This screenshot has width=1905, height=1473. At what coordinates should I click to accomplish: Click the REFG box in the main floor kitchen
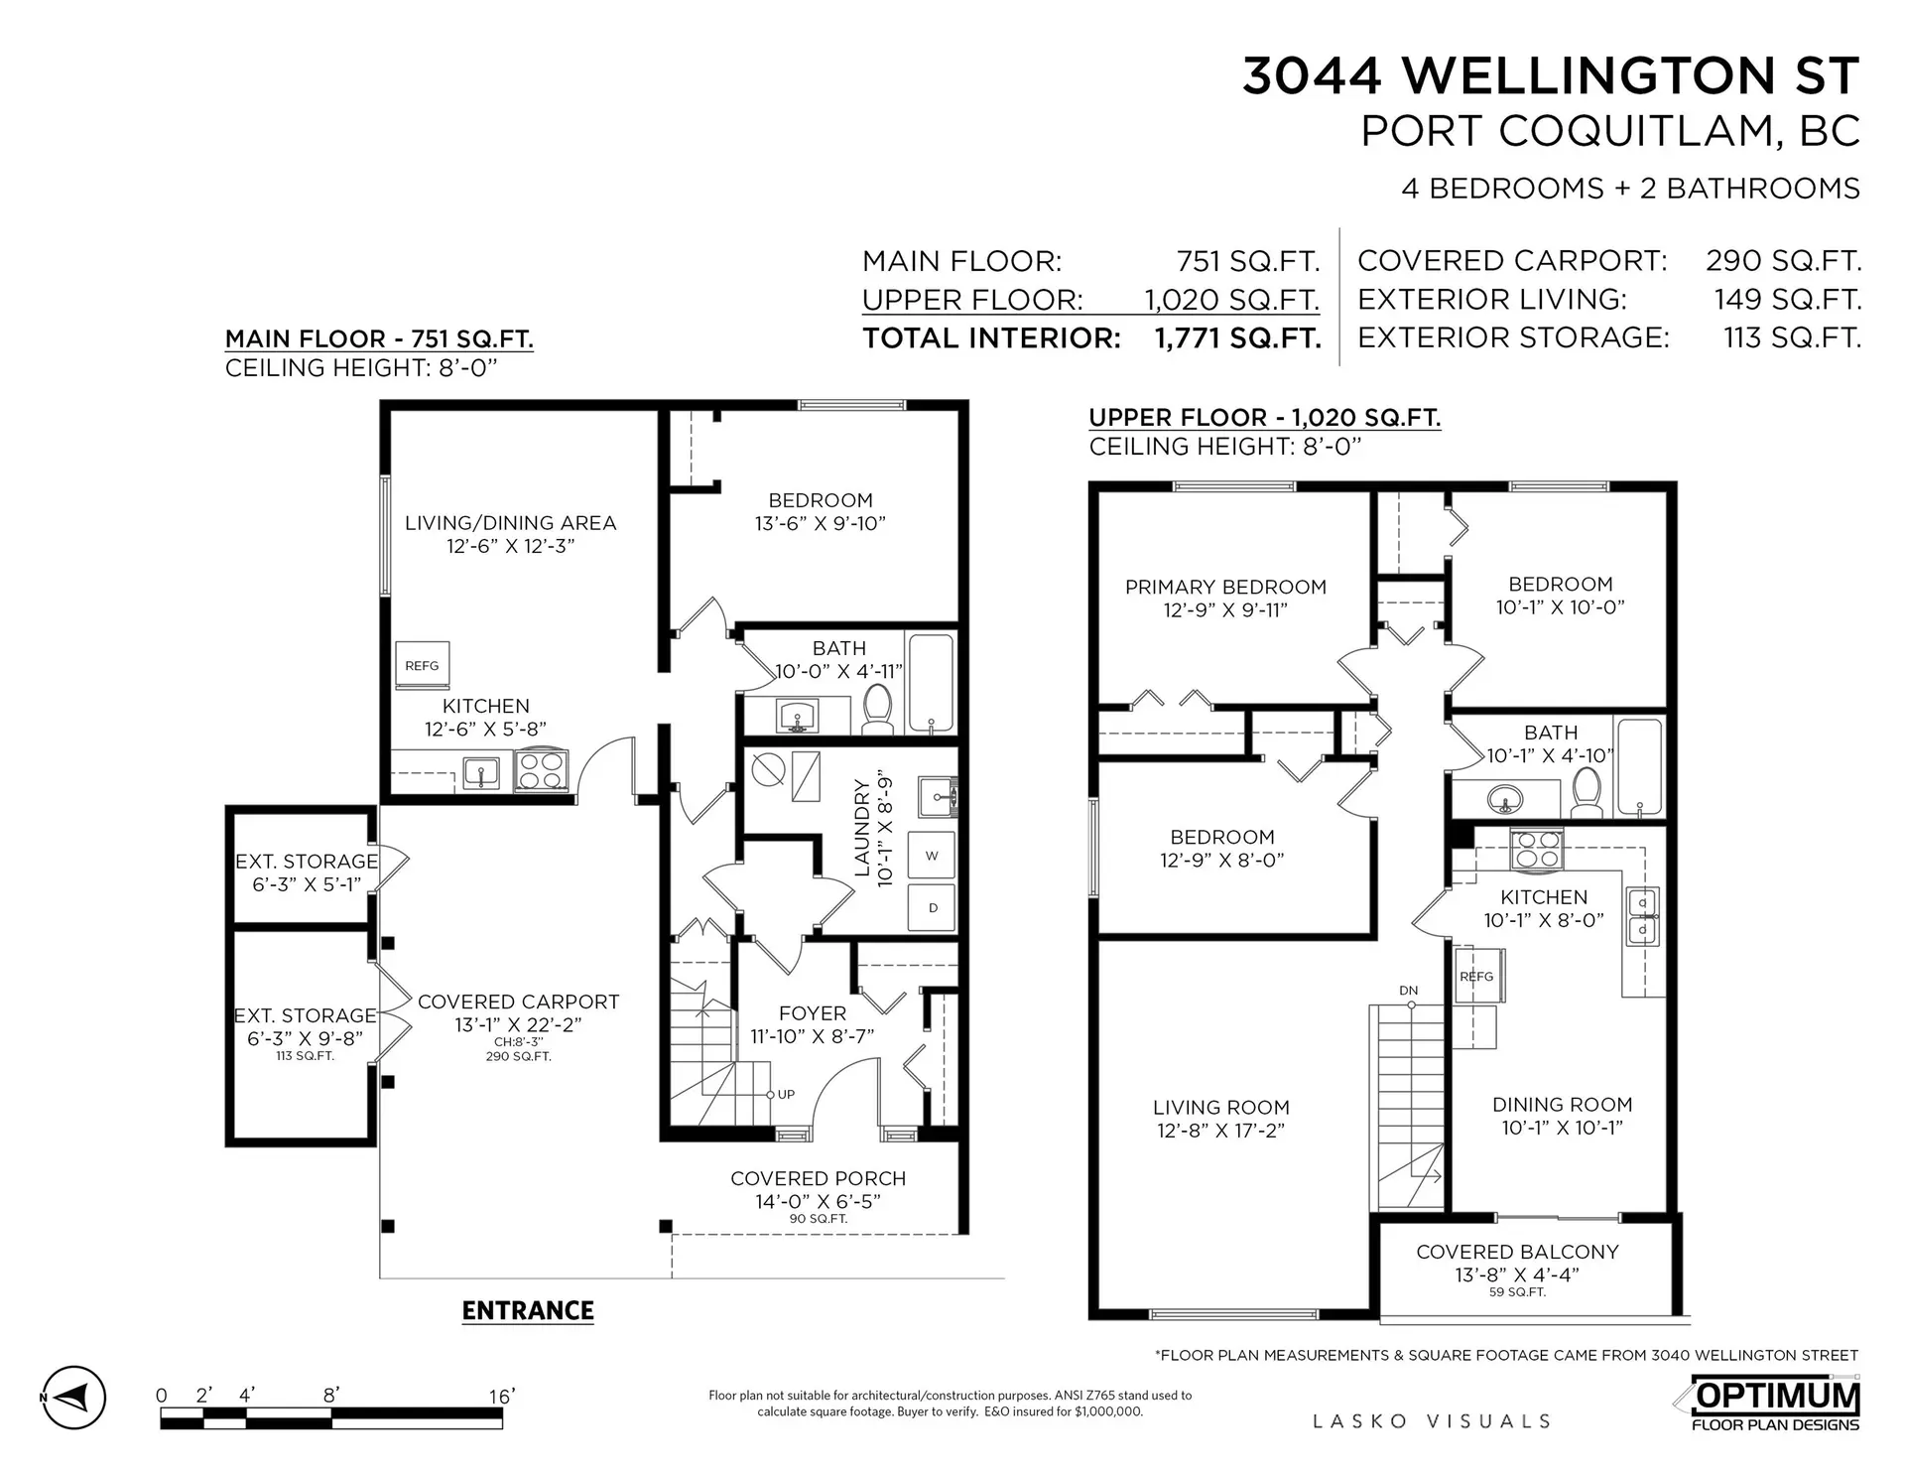(422, 665)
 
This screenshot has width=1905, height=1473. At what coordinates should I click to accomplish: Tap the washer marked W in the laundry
(932, 855)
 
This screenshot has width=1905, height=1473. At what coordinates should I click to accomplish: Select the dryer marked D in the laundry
(932, 907)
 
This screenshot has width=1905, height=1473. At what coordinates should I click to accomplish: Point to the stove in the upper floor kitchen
(1536, 849)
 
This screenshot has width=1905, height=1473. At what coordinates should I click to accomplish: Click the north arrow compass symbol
(73, 1398)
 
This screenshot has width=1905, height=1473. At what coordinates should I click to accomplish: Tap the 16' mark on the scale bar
(501, 1397)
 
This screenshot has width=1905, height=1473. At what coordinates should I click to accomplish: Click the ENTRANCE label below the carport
(528, 1310)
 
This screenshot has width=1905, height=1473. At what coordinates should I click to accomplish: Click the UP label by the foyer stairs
(786, 1094)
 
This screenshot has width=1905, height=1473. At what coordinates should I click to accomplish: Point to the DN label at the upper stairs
(1408, 990)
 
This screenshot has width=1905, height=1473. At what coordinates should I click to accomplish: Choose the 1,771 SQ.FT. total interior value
(1237, 337)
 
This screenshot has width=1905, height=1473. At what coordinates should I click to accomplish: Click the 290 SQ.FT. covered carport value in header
(1783, 260)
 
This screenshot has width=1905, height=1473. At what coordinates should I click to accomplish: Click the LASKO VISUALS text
(1431, 1421)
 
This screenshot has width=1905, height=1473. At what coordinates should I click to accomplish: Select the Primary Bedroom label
(1225, 587)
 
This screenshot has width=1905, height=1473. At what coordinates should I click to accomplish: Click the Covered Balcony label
(1517, 1252)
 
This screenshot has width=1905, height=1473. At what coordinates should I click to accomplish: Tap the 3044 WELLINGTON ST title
(1550, 75)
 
